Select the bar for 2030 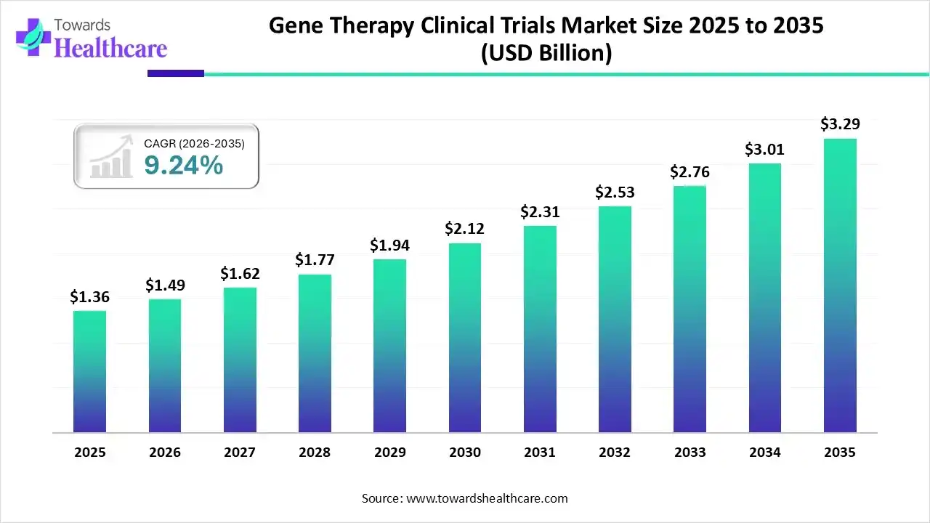pyautogui.click(x=465, y=338)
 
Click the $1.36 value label pyautogui.click(x=89, y=296)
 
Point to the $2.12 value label pyautogui.click(x=464, y=229)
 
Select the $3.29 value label pyautogui.click(x=840, y=124)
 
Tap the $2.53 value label pyautogui.click(x=615, y=192)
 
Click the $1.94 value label pyautogui.click(x=389, y=246)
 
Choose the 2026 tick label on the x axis pyautogui.click(x=165, y=453)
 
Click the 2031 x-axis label pyautogui.click(x=540, y=453)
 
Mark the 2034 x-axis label pyautogui.click(x=765, y=453)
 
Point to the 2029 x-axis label pyautogui.click(x=389, y=453)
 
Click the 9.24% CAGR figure pyautogui.click(x=183, y=166)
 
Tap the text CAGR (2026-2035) pyautogui.click(x=194, y=144)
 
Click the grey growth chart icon pyautogui.click(x=110, y=157)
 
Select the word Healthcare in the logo pyautogui.click(x=110, y=48)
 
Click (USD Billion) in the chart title pyautogui.click(x=546, y=53)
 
